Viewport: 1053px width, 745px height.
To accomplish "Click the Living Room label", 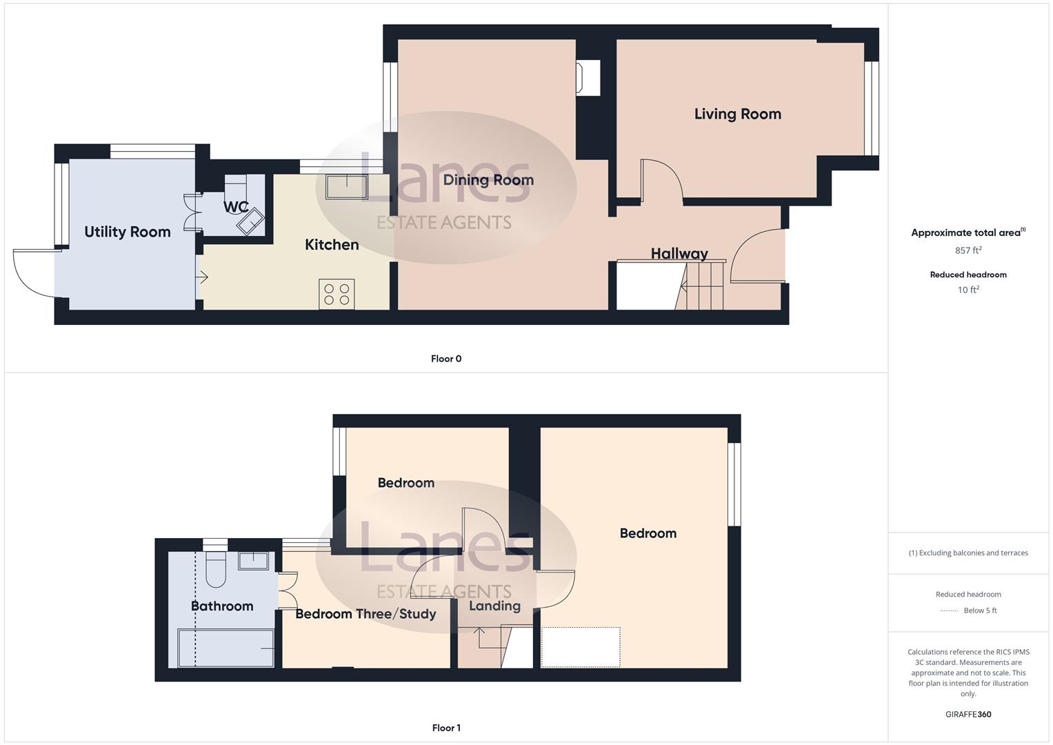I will click(x=737, y=114).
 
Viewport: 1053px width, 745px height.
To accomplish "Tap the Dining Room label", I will click(x=488, y=180).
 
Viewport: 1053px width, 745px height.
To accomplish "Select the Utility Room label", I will click(x=127, y=232).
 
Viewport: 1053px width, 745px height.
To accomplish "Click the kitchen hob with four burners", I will click(x=337, y=294).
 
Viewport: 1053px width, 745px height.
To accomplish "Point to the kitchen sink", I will click(x=347, y=187).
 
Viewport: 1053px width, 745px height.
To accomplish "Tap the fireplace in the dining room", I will click(x=588, y=77).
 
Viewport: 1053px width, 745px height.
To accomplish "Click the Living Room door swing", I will click(x=661, y=181).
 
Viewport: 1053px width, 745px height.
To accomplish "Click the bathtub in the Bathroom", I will click(x=225, y=648).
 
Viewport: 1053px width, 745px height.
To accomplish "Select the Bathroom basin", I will click(x=253, y=560).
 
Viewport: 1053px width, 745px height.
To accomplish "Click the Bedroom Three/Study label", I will click(x=365, y=614).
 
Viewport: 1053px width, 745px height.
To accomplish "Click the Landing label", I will click(x=494, y=606).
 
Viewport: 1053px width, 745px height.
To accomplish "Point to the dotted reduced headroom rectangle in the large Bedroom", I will click(x=580, y=647).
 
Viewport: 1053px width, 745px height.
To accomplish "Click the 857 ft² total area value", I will click(x=967, y=250).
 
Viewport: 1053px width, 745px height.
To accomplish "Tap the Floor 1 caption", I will click(x=446, y=728).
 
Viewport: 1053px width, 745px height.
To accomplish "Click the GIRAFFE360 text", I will click(x=967, y=714).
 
